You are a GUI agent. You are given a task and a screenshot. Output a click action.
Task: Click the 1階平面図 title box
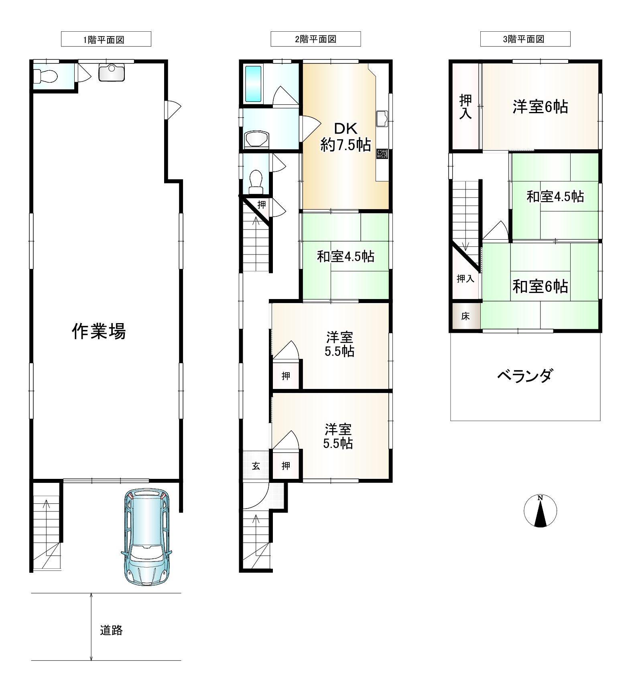[106, 39]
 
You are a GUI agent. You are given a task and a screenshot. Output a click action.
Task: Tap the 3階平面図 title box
[525, 39]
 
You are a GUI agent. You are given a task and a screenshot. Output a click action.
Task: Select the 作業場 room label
[99, 332]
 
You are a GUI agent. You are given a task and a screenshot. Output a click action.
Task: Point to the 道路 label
[111, 630]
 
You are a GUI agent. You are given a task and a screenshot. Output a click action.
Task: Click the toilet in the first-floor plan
[44, 75]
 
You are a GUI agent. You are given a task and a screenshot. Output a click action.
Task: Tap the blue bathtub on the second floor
[253, 84]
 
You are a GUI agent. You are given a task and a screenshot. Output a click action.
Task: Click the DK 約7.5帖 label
[345, 137]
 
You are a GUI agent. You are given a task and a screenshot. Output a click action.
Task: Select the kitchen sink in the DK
[382, 118]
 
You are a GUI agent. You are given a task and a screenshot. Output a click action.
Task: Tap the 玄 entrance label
[256, 466]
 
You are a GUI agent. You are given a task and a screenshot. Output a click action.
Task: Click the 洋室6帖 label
[540, 107]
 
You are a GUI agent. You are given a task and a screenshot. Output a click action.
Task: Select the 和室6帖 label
[540, 287]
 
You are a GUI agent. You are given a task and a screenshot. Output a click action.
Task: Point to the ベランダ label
[525, 376]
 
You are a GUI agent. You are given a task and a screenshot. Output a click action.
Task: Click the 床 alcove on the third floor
[465, 316]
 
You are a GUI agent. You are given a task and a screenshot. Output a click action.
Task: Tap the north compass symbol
[540, 511]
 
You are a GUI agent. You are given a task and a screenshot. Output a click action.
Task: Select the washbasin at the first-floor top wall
[111, 72]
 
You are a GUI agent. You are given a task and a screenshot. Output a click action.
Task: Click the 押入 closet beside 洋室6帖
[465, 107]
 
